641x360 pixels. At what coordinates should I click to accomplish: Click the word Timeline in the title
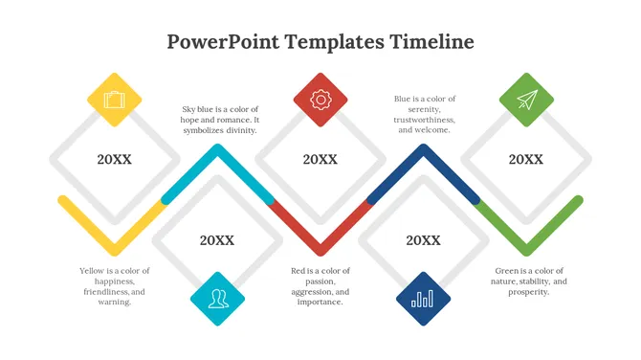tap(431, 41)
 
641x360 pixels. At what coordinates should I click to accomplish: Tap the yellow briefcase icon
tap(115, 100)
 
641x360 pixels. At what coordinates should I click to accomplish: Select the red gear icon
tap(320, 100)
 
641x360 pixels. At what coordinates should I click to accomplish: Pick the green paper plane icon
tap(526, 100)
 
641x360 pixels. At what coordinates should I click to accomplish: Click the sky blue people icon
tap(218, 299)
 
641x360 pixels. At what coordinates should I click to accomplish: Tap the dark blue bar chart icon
tap(423, 299)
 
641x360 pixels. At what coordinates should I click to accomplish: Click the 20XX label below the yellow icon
tap(115, 160)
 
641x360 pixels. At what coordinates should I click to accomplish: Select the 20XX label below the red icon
tap(320, 160)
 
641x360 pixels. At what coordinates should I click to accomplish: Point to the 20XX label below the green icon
tap(526, 160)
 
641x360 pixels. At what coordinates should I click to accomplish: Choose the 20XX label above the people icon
tap(217, 241)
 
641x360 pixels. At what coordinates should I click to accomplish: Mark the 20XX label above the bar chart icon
tap(423, 241)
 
